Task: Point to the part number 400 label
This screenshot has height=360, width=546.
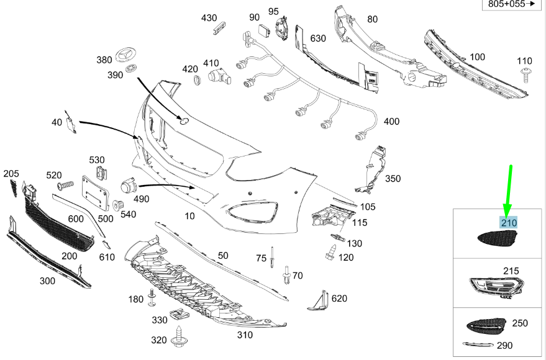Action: point(391,122)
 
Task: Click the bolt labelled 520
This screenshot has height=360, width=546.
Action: point(66,185)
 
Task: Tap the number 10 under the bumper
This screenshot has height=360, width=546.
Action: point(190,215)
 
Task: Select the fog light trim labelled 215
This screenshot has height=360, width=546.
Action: point(494,287)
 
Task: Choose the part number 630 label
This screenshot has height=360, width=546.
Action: point(318,38)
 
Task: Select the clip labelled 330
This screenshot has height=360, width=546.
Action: point(177,316)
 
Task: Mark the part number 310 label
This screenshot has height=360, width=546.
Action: point(245,335)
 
